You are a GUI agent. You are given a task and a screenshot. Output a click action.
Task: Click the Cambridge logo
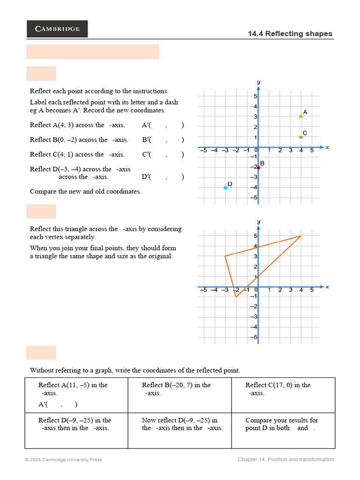pyautogui.click(x=57, y=29)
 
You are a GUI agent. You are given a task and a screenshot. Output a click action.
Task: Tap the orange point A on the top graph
pyautogui.click(x=301, y=116)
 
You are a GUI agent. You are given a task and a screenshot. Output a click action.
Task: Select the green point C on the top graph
pyautogui.click(x=301, y=137)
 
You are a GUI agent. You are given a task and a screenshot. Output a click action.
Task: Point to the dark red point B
pyautogui.click(x=258, y=167)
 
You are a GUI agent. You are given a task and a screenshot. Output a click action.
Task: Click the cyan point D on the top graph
pyautogui.click(x=225, y=187)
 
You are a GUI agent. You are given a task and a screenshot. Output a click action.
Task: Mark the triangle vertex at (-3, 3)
pyautogui.click(x=225, y=256)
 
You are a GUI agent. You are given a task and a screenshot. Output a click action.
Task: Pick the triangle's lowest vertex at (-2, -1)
pyautogui.click(x=236, y=297)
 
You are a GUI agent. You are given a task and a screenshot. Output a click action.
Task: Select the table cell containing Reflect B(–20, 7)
pyautogui.click(x=180, y=395)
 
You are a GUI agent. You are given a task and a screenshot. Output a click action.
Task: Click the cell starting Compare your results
pyautogui.click(x=283, y=430)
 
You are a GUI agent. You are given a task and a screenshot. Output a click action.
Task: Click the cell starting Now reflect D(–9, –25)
pyautogui.click(x=180, y=430)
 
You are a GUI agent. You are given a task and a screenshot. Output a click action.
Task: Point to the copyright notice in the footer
pyautogui.click(x=63, y=460)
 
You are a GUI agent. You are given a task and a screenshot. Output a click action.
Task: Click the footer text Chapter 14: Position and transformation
pyautogui.click(x=285, y=459)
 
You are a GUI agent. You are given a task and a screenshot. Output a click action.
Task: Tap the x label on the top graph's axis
pyautogui.click(x=327, y=147)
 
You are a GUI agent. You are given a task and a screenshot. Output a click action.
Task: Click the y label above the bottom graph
pyautogui.click(x=259, y=221)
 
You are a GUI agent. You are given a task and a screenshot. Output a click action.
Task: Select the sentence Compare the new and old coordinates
pyautogui.click(x=85, y=191)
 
